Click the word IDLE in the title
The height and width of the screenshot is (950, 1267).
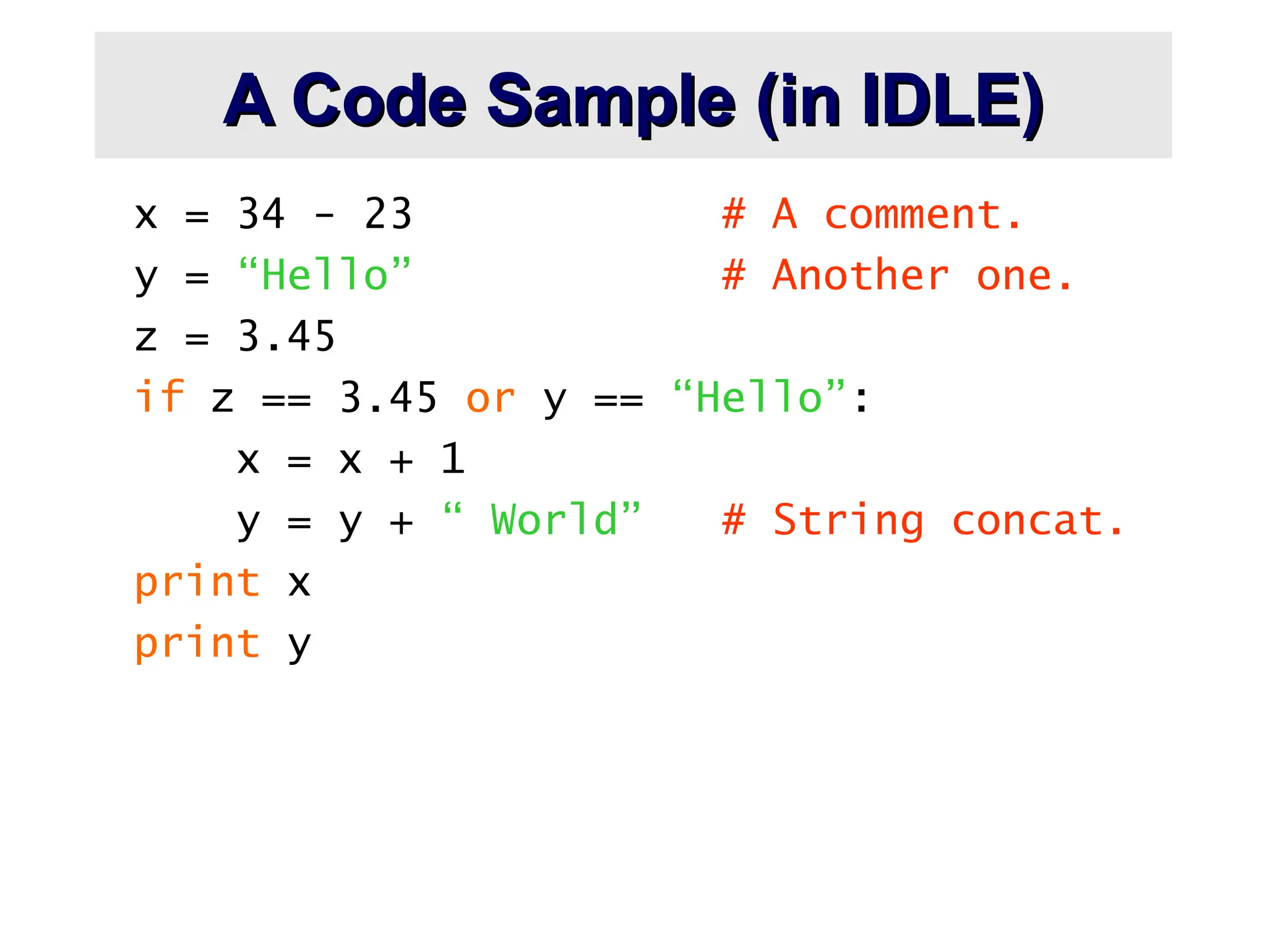click(x=953, y=101)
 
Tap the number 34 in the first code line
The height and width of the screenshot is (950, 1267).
click(x=261, y=214)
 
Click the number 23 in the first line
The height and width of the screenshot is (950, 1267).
click(x=388, y=214)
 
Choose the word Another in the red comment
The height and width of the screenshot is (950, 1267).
click(x=861, y=275)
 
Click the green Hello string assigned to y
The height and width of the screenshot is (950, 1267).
click(x=324, y=275)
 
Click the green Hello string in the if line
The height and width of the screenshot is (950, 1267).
click(x=759, y=396)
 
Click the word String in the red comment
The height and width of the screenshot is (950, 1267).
click(x=848, y=521)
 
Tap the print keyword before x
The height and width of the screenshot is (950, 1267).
click(x=197, y=583)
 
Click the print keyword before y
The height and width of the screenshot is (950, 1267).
click(x=197, y=643)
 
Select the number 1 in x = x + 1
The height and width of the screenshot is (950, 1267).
click(x=453, y=459)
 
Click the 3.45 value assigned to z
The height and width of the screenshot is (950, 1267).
click(x=286, y=336)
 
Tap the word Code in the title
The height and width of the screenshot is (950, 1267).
click(x=379, y=101)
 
